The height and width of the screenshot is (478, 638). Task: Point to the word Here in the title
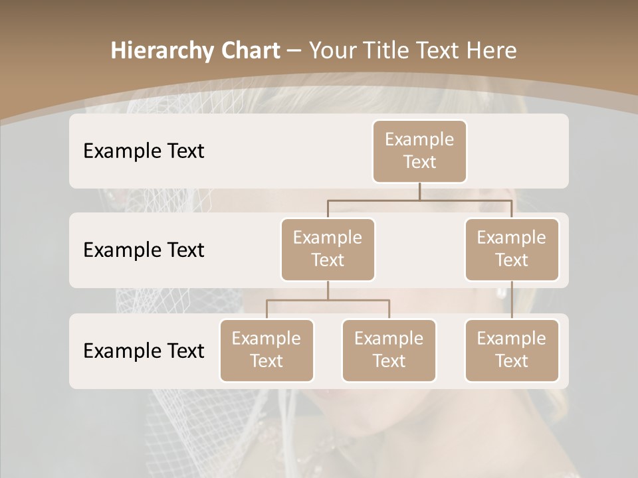point(492,50)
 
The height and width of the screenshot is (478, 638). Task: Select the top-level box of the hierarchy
point(419,151)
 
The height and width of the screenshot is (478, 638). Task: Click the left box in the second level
point(328,249)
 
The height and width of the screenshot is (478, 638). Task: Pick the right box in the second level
point(512,249)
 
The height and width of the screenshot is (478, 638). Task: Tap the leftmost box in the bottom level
point(266,350)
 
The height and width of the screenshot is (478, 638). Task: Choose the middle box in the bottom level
point(389,350)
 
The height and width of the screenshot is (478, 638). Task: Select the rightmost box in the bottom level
point(512,350)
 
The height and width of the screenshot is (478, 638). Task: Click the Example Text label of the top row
point(144,151)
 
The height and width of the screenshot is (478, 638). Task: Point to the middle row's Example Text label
point(144,250)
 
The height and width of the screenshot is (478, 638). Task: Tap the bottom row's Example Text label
point(144,351)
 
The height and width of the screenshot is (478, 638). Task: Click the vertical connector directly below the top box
point(419,191)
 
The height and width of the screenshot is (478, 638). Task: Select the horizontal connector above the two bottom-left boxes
point(328,300)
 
